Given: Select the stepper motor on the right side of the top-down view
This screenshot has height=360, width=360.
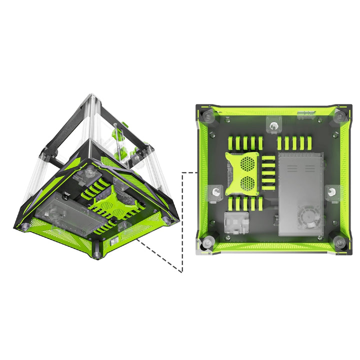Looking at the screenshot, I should click(331, 191).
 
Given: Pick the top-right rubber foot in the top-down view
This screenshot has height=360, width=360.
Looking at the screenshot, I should click(338, 116).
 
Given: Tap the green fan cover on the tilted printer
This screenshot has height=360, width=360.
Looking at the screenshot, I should click(110, 201).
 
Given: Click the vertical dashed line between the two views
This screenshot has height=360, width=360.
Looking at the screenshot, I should click(183, 220).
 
